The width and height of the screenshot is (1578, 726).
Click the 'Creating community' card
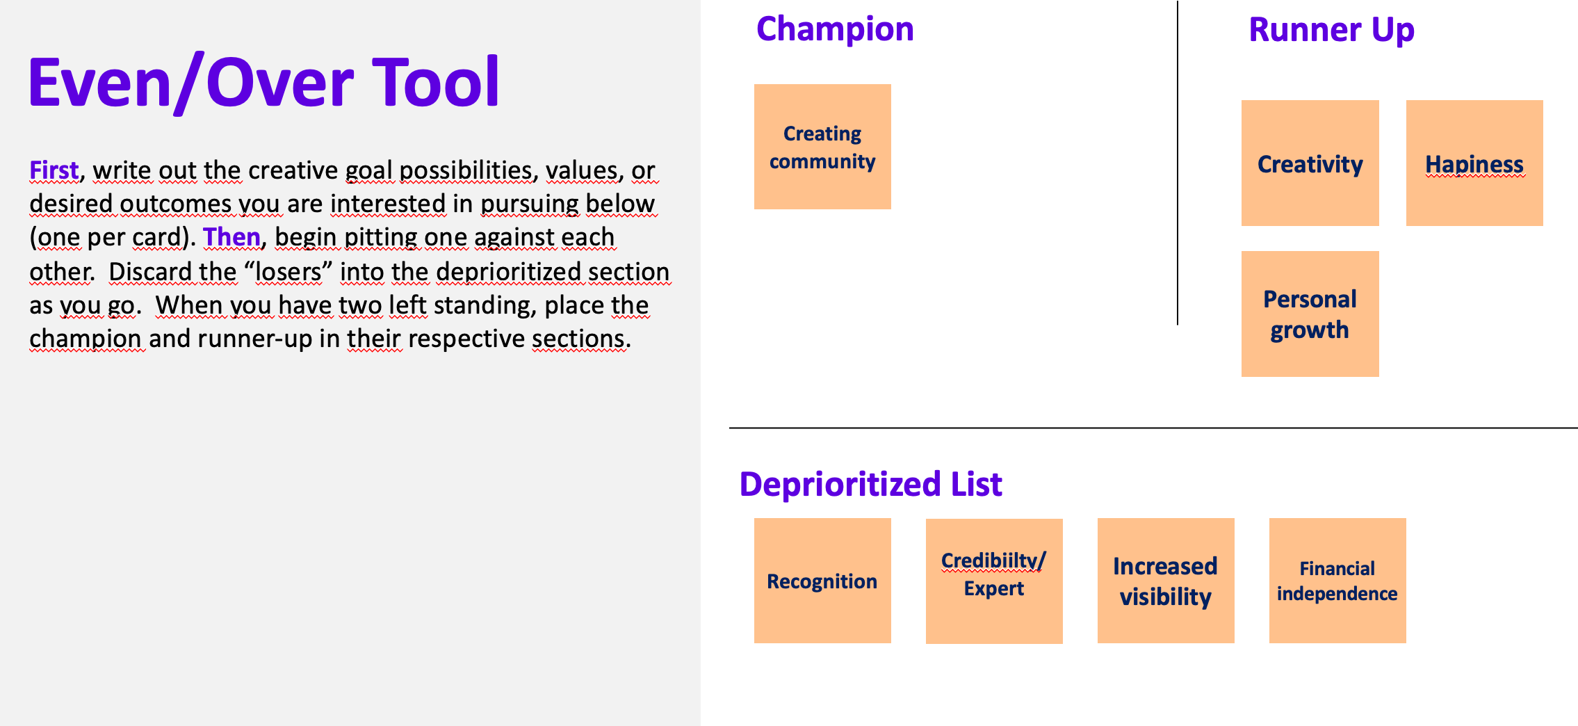pyautogui.click(x=822, y=147)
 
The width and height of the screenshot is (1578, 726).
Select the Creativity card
pyautogui.click(x=1310, y=163)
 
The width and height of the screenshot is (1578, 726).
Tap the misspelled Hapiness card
pyautogui.click(x=1474, y=163)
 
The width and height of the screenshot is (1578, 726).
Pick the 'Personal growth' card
pyautogui.click(x=1310, y=314)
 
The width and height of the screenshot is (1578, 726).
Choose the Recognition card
pyautogui.click(x=822, y=581)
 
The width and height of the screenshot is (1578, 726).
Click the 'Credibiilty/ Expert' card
pyautogui.click(x=994, y=581)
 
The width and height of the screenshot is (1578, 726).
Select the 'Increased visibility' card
pyautogui.click(x=1166, y=581)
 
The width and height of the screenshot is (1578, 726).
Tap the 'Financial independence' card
pyautogui.click(x=1337, y=581)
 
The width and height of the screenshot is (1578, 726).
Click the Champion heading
pyautogui.click(x=835, y=30)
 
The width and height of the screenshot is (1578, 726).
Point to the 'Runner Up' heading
pyautogui.click(x=1331, y=30)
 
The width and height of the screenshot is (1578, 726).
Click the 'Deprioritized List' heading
pyautogui.click(x=870, y=484)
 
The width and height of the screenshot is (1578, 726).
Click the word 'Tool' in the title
pyautogui.click(x=436, y=82)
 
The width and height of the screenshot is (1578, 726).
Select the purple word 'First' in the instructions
pyautogui.click(x=54, y=170)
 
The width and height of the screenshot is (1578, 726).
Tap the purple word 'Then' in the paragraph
pyautogui.click(x=231, y=237)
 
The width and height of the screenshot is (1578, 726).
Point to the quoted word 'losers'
pyautogui.click(x=288, y=271)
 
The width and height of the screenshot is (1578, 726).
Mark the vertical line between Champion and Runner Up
pyautogui.click(x=1178, y=163)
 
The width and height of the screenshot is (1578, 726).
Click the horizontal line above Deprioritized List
pyautogui.click(x=1153, y=428)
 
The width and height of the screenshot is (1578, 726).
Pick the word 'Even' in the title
pyautogui.click(x=99, y=82)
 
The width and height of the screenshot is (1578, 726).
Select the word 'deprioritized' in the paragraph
pyautogui.click(x=508, y=271)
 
